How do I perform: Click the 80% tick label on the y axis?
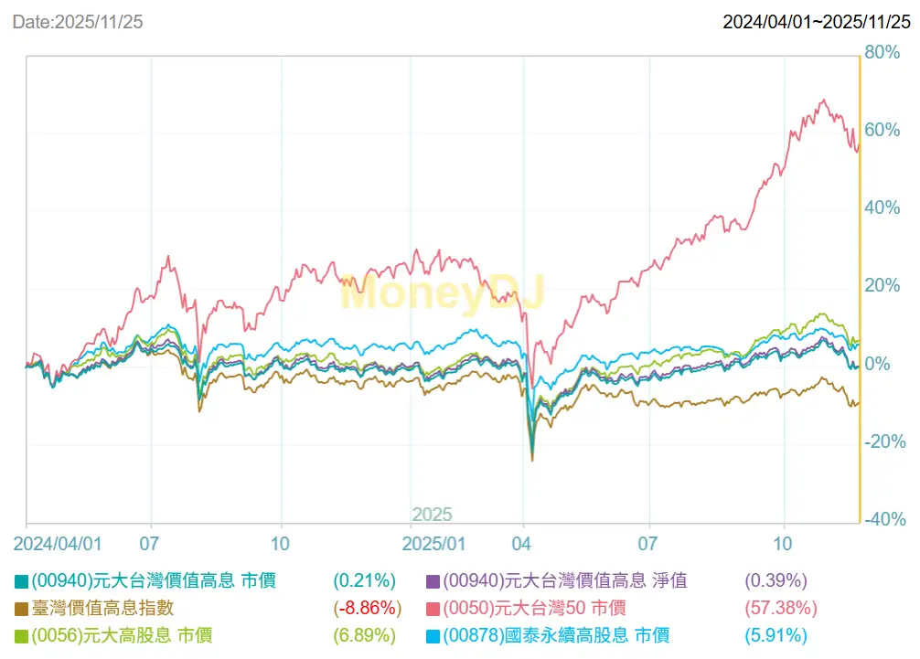point(883,52)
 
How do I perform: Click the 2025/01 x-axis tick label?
point(435,543)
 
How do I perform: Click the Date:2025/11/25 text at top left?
point(77,20)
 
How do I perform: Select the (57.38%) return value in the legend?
point(782,608)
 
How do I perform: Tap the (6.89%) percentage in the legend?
point(364,635)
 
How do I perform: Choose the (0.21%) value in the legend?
point(364,580)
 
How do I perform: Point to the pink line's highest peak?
point(823,101)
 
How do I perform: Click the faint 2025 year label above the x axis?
point(432,515)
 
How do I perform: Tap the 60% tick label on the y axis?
point(883,130)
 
